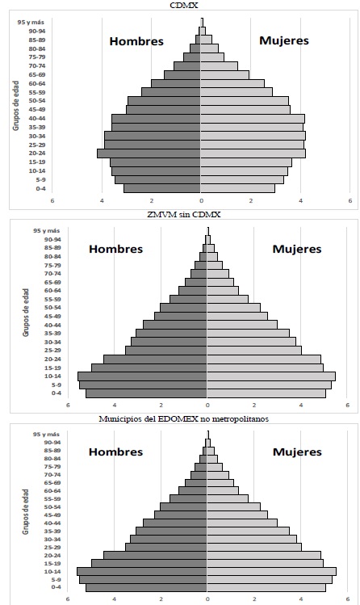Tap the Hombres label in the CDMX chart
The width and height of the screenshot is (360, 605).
[136, 41]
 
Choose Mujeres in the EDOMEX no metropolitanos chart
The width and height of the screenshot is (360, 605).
[296, 454]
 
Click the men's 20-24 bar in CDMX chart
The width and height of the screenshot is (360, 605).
[149, 153]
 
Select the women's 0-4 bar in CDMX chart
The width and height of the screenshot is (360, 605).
[237, 188]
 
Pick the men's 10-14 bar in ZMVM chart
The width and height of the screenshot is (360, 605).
[142, 376]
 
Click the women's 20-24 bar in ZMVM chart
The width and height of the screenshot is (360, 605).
[264, 359]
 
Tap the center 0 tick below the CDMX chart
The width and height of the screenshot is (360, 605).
[201, 201]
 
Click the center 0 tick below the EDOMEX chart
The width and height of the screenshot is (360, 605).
[207, 599]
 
